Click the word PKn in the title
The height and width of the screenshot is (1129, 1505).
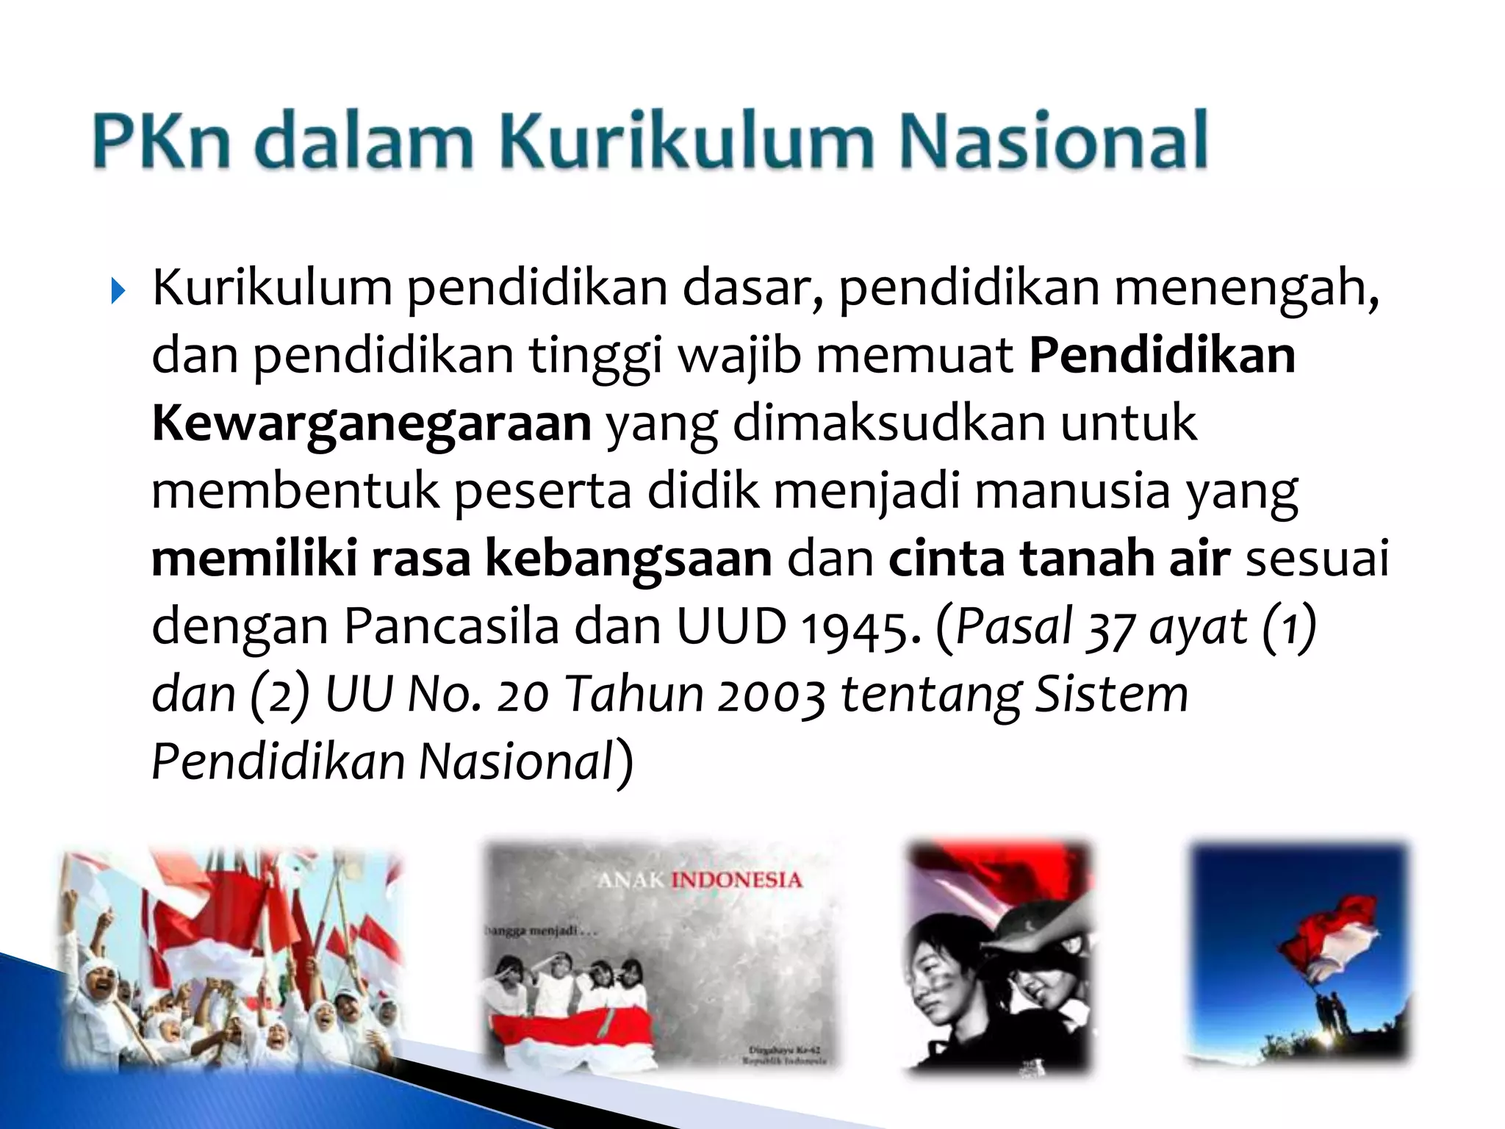[161, 140]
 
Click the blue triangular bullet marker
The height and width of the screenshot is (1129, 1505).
[118, 291]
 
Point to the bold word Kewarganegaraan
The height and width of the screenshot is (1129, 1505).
[371, 424]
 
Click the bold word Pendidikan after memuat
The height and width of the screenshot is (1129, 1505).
[1162, 356]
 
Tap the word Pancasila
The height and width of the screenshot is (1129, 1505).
[451, 627]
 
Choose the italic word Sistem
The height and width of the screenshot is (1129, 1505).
[1110, 694]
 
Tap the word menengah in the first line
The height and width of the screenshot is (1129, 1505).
[1246, 289]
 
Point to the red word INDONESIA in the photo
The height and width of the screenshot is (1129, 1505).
[736, 880]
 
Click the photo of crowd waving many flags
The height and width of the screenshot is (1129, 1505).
[231, 956]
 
